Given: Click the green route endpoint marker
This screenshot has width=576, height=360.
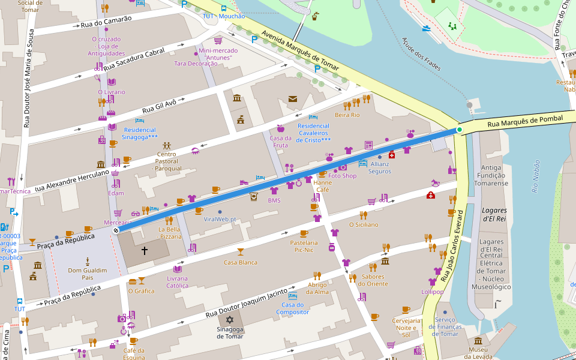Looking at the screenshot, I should (460, 130).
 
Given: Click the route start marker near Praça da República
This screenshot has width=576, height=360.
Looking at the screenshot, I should (116, 229).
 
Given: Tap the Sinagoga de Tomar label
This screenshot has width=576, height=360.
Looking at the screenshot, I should (230, 332).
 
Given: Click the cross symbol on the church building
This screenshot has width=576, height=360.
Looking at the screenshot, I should (144, 250).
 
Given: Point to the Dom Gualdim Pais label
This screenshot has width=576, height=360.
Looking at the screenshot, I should (88, 274).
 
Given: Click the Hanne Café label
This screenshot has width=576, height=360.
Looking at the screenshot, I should (322, 185).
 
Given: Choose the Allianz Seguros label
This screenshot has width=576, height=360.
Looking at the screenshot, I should (380, 167).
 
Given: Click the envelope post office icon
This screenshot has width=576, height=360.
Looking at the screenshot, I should (293, 99).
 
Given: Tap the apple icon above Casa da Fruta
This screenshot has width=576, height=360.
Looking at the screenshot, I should (280, 128).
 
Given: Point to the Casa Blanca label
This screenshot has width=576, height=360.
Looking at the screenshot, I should (240, 262).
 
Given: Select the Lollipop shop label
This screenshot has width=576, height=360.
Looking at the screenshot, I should (432, 292).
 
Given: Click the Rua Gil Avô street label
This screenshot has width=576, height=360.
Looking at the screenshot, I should (159, 106).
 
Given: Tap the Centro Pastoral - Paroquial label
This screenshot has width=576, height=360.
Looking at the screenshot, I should (166, 161).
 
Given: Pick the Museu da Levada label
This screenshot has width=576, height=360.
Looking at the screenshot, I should (478, 353).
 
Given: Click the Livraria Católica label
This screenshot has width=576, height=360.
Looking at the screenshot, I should (177, 282).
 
